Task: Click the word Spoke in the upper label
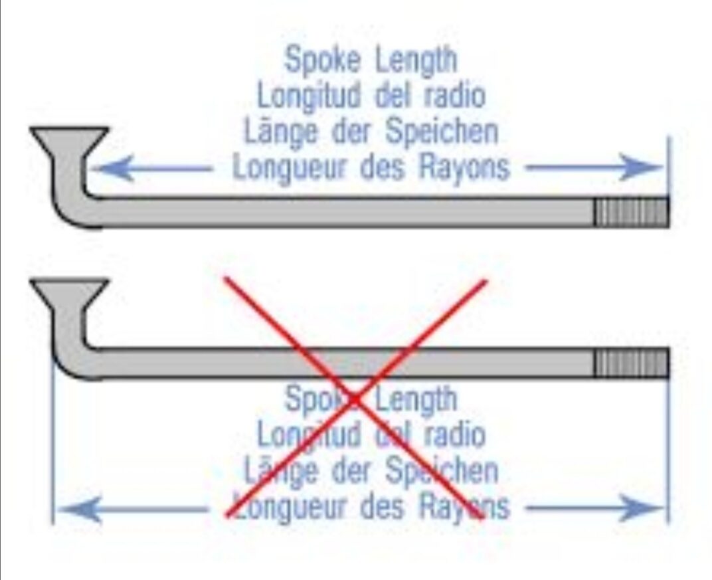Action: (323, 60)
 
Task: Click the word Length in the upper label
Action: (416, 60)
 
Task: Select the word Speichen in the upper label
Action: (442, 132)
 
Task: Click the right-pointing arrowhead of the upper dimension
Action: (641, 167)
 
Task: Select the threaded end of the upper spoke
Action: (632, 212)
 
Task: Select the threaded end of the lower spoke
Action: (632, 363)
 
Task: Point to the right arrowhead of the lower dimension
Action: (641, 508)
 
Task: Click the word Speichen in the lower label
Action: (442, 470)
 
